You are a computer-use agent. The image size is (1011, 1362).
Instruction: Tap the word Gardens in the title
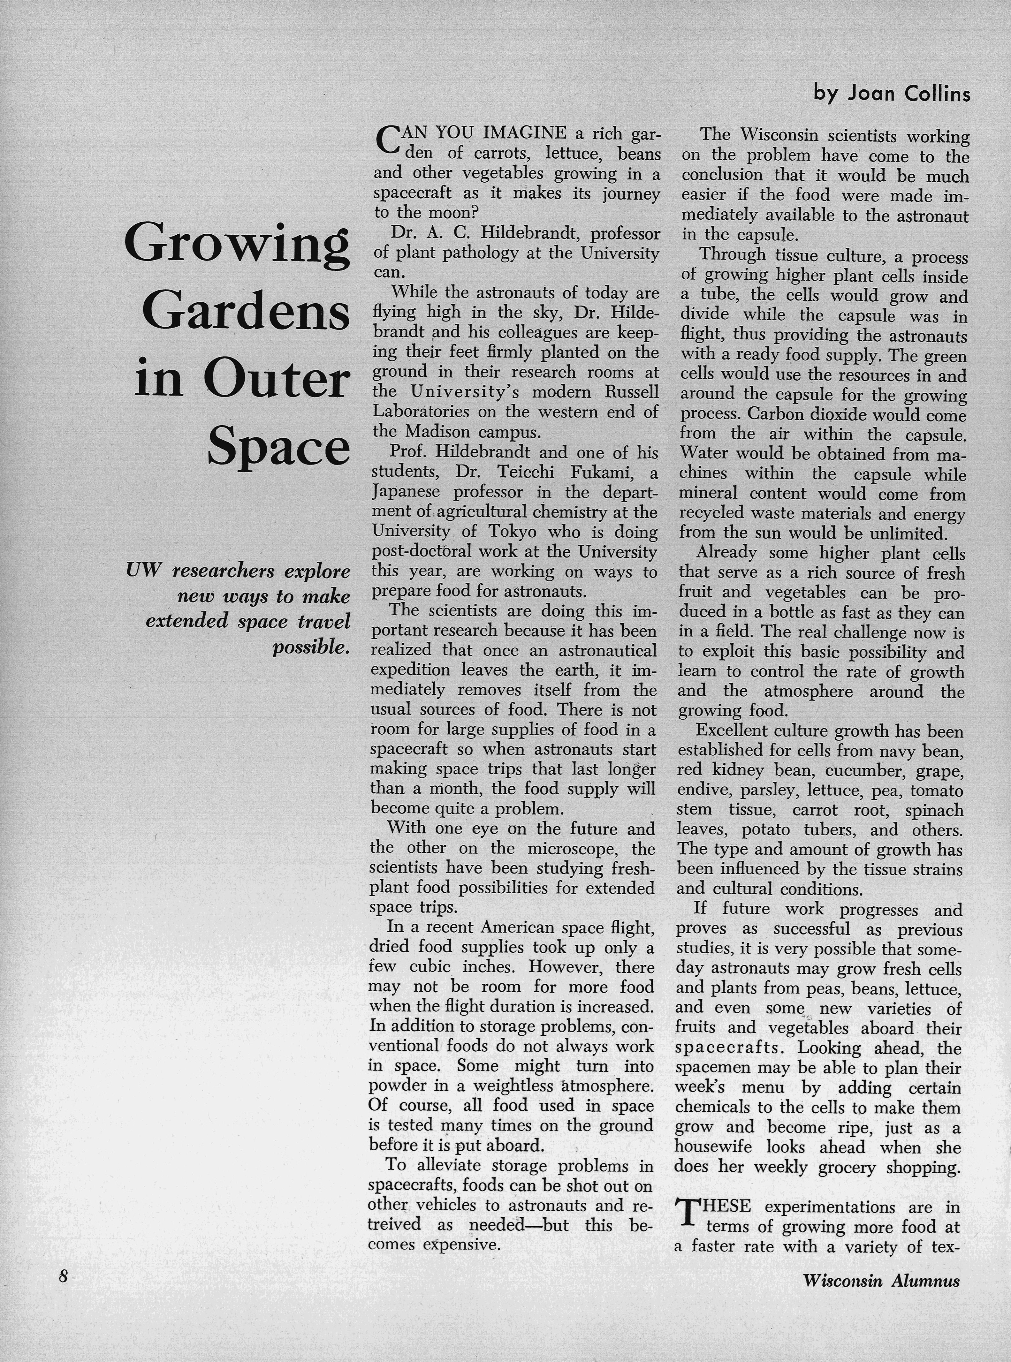[246, 313]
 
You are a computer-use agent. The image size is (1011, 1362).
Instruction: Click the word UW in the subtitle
[143, 571]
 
